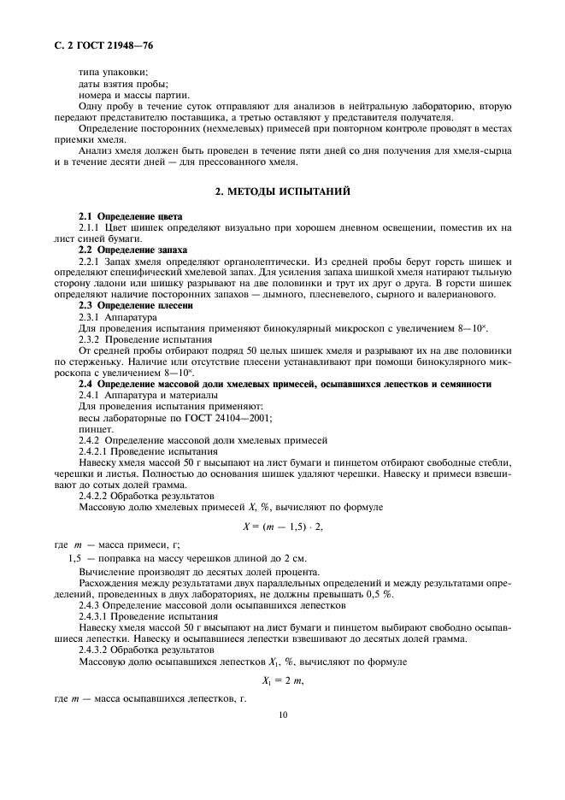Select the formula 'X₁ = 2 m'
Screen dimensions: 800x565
tap(282, 680)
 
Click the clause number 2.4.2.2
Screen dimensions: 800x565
tap(99, 496)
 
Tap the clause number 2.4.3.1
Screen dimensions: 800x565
tap(99, 616)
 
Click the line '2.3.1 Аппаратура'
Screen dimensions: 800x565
tap(118, 316)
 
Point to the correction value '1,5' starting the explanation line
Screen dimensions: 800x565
tap(74, 556)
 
